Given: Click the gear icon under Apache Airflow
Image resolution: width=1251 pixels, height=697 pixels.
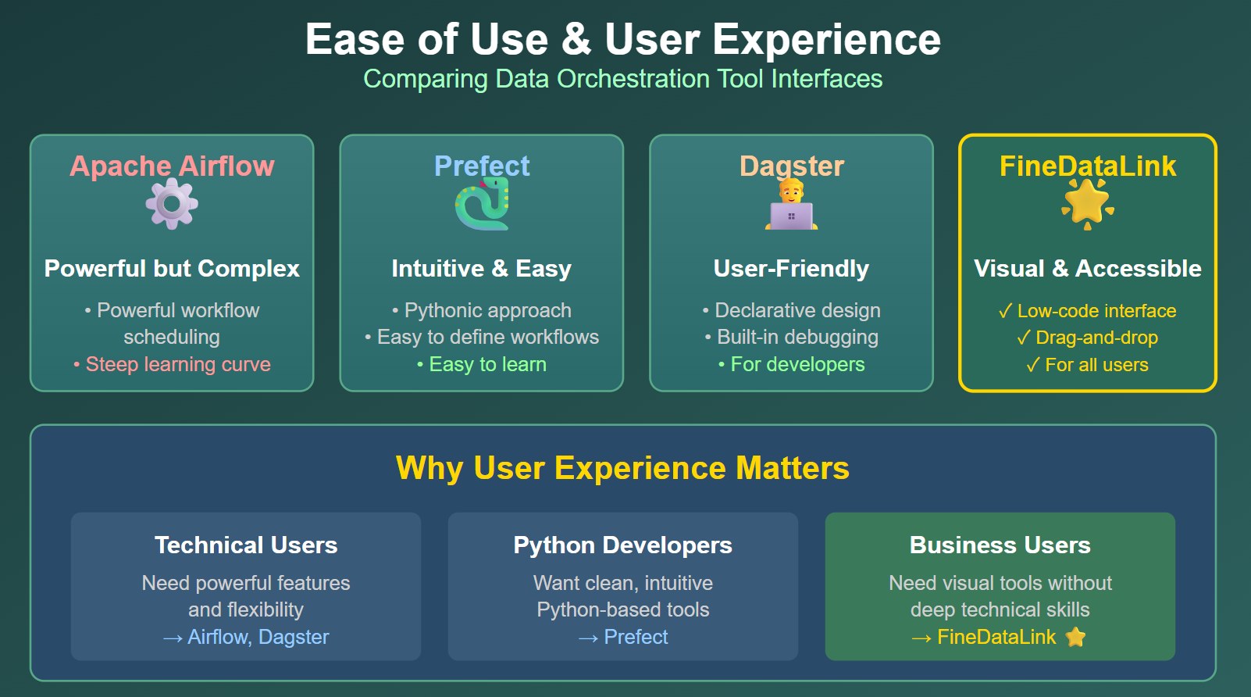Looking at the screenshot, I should click(x=172, y=204).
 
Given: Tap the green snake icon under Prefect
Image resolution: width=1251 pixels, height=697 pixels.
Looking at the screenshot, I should click(x=482, y=205).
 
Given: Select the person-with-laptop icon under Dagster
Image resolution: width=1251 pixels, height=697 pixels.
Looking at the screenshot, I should click(x=791, y=206).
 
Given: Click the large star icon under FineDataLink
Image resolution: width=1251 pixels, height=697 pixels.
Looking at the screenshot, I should click(x=1087, y=203).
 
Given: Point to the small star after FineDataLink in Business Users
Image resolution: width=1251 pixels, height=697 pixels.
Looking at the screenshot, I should click(x=1076, y=637).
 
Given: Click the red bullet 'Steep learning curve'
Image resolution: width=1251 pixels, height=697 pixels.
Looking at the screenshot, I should click(x=172, y=364).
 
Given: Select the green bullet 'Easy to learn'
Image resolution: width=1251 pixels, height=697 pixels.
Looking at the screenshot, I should click(x=482, y=364).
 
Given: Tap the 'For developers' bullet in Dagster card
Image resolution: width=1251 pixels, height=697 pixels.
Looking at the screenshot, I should click(x=791, y=364).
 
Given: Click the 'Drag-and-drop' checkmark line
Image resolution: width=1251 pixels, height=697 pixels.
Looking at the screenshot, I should click(x=1087, y=338).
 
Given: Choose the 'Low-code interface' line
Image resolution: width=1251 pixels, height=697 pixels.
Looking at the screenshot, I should click(x=1087, y=311).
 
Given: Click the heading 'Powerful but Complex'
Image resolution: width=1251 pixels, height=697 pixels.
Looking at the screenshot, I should click(x=172, y=268).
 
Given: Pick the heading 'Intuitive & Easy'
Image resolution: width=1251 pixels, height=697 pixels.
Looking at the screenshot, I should click(x=482, y=268).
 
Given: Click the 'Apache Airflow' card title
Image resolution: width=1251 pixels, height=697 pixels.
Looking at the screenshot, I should click(x=172, y=166).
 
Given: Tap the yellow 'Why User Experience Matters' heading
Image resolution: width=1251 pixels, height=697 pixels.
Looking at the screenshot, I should click(x=622, y=468).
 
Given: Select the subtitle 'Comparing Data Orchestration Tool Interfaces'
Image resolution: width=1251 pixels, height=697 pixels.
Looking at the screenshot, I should click(x=622, y=79).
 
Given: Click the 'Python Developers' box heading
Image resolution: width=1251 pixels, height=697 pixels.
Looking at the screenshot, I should click(x=622, y=545).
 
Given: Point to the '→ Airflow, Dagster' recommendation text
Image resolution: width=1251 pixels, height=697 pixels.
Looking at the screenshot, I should click(x=246, y=637).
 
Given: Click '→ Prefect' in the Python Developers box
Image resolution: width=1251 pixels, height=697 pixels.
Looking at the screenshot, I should click(x=622, y=637).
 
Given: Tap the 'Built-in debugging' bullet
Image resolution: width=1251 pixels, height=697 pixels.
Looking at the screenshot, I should click(x=791, y=337).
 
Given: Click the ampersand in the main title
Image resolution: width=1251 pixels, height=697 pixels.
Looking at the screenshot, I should click(x=576, y=39).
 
